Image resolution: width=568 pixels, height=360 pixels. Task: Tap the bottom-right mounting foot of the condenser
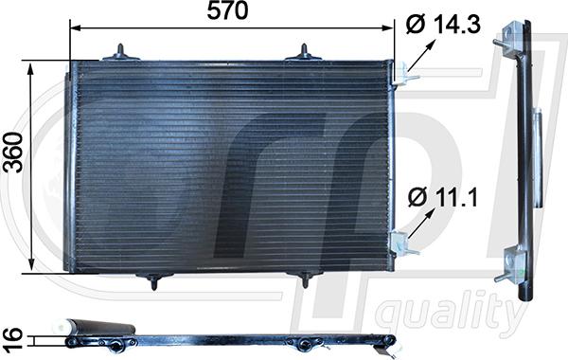[x=305, y=278]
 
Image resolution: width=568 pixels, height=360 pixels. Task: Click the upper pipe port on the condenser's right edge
[x=402, y=71]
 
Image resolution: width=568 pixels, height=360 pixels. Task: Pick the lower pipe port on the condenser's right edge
[x=402, y=243]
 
